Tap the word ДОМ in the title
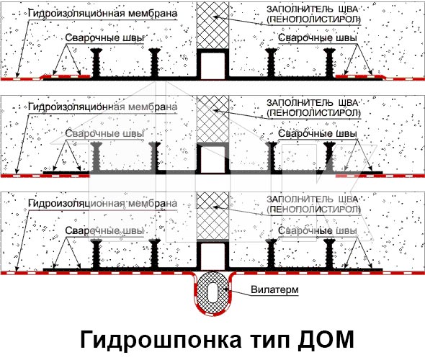click(x=326, y=339)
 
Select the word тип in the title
click(x=269, y=341)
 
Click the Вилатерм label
click(x=274, y=289)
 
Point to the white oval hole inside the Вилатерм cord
click(x=213, y=292)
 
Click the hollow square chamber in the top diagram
click(x=212, y=64)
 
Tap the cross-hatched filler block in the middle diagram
click(x=212, y=119)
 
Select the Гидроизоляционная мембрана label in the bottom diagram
click(x=103, y=204)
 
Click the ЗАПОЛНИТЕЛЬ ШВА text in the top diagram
click(x=312, y=9)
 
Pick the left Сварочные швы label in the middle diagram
click(x=104, y=133)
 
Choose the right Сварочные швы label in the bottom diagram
click(x=318, y=231)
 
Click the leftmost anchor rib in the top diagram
click(x=97, y=63)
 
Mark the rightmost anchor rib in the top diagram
click(x=329, y=63)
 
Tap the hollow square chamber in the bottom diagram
click(x=212, y=256)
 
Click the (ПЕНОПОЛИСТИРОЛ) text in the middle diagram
click(x=313, y=113)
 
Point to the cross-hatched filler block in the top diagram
click(x=212, y=25)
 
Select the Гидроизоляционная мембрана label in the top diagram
click(x=103, y=13)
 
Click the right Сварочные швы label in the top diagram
click(x=318, y=38)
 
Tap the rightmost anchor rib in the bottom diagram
click(x=329, y=254)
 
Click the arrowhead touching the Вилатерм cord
click(x=225, y=289)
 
